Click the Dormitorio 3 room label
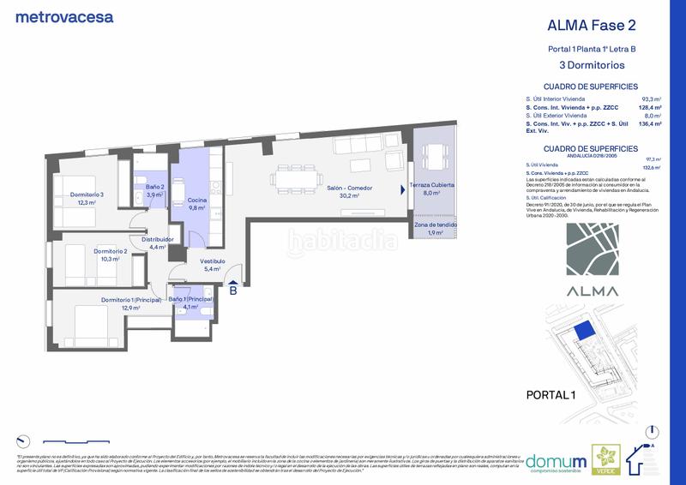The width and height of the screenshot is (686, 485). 87,195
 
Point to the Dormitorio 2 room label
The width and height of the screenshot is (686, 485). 111,251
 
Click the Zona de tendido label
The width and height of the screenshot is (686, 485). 436,225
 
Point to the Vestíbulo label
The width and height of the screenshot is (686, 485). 213,261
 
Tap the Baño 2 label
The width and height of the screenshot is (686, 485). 154,187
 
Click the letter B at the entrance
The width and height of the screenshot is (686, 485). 232,290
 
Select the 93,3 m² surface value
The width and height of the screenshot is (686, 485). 650,99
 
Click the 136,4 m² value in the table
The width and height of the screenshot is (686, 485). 651,124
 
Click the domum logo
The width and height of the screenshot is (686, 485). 555,462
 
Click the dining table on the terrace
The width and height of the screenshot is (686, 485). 436,156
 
